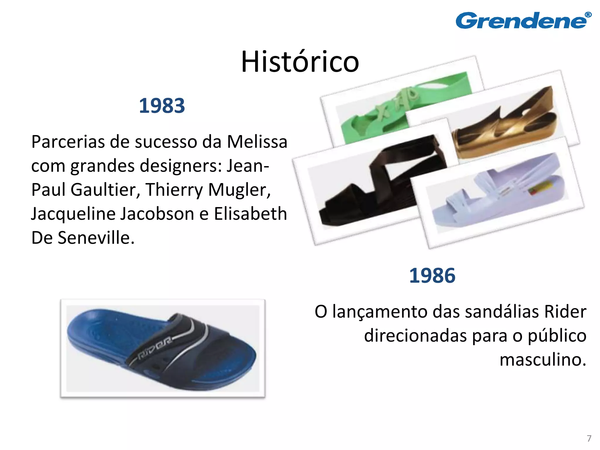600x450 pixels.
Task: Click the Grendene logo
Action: coord(521,21)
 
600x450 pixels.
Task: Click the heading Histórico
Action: coord(300,62)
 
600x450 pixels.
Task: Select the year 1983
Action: coord(162,106)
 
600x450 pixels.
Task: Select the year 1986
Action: coord(432,276)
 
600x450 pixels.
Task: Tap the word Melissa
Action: coord(257,142)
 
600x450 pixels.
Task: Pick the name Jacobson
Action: coord(157,214)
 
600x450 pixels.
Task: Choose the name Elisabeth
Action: coord(250,214)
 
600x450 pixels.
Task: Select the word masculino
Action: coord(543,359)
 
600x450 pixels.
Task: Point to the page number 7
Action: coord(589,439)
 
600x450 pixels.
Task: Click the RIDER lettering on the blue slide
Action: coord(154,349)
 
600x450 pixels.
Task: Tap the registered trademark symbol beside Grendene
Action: coord(588,15)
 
